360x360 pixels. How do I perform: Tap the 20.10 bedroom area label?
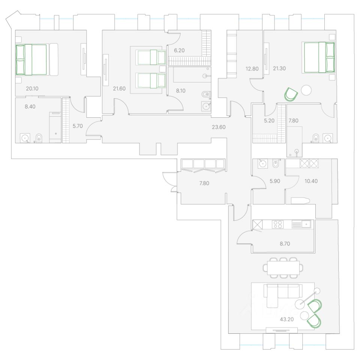click(x=33, y=89)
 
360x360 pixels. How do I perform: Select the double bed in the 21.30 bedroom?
click(x=319, y=57)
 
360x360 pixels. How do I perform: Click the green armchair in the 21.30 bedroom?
click(x=291, y=94)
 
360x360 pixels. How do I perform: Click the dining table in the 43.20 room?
click(x=283, y=268)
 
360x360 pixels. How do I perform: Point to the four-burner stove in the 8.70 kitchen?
click(x=278, y=224)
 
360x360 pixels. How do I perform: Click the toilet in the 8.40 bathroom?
click(x=38, y=138)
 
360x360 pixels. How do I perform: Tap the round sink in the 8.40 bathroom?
click(x=25, y=138)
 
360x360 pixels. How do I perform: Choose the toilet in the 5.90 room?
click(x=276, y=164)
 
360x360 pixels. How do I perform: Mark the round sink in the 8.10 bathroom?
click(x=206, y=106)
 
